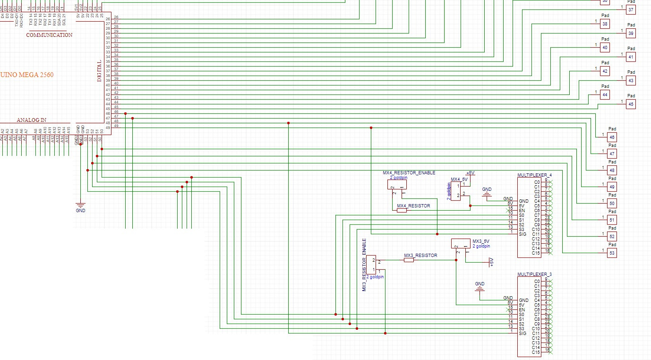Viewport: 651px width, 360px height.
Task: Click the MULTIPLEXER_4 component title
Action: pyautogui.click(x=534, y=175)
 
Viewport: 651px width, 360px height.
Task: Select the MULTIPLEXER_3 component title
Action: pyautogui.click(x=534, y=274)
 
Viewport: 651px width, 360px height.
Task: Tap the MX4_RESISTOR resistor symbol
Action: pyautogui.click(x=402, y=210)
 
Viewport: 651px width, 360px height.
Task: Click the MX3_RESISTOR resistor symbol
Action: pyautogui.click(x=409, y=260)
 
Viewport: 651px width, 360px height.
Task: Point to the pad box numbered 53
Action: pyautogui.click(x=612, y=253)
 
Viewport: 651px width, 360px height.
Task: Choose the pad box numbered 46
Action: pyautogui.click(x=612, y=137)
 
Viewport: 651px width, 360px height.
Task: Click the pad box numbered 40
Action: pyautogui.click(x=605, y=48)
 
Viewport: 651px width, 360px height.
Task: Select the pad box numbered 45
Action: pyautogui.click(x=631, y=104)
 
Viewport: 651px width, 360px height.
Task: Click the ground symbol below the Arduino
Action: pyautogui.click(x=81, y=206)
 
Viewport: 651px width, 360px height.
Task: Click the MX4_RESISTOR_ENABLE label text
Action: pyautogui.click(x=409, y=173)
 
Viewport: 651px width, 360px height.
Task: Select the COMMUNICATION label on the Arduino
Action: pyautogui.click(x=49, y=35)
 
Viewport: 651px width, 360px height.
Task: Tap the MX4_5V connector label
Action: pyautogui.click(x=459, y=180)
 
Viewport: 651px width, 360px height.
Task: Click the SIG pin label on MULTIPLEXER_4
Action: pyautogui.click(x=523, y=234)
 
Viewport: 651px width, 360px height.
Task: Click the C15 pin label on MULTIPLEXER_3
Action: pyautogui.click(x=536, y=352)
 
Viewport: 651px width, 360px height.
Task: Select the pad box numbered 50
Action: pyautogui.click(x=612, y=203)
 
